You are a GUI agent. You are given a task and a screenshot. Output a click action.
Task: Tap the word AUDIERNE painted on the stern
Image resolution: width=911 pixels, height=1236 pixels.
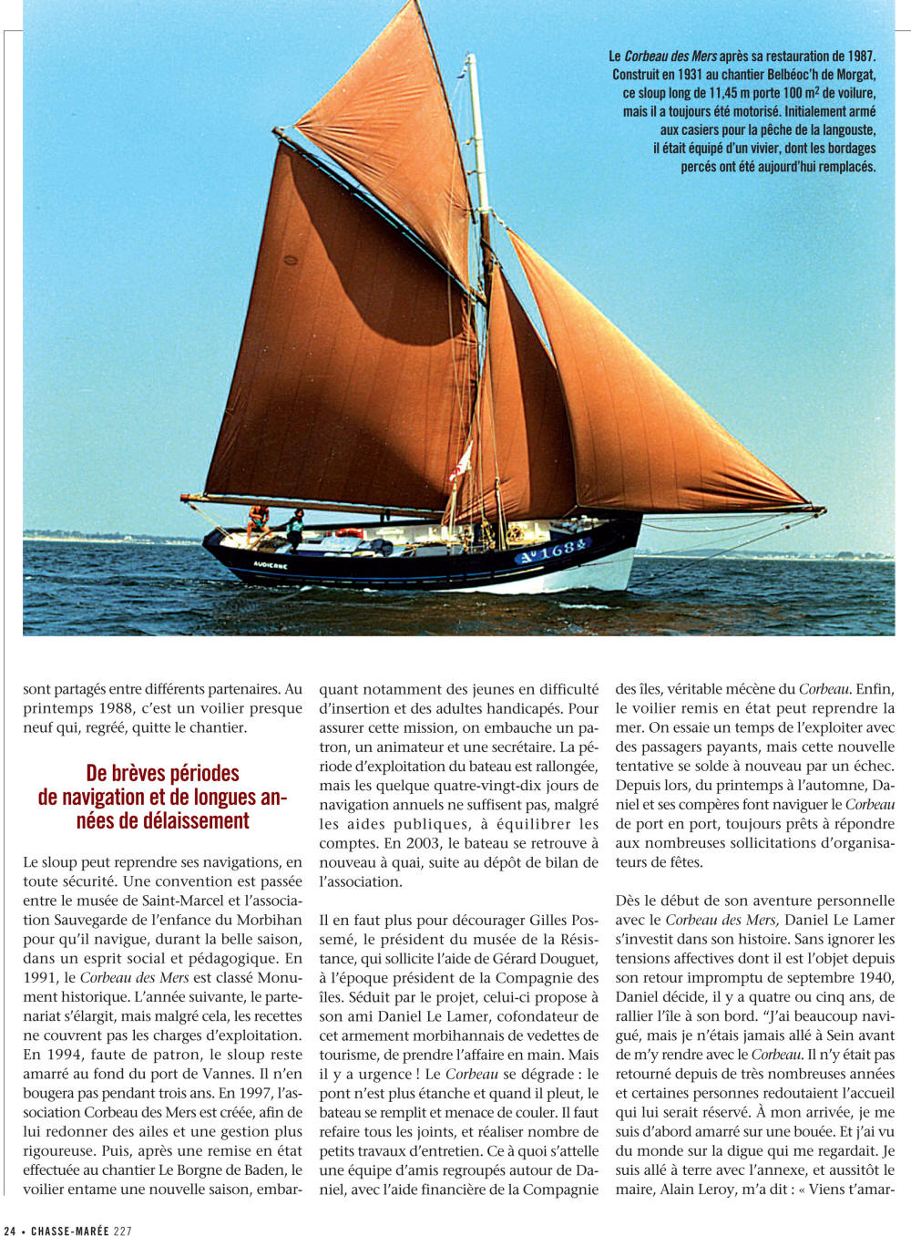(271, 565)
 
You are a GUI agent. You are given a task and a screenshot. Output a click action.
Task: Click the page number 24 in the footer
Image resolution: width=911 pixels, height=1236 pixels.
(10, 1230)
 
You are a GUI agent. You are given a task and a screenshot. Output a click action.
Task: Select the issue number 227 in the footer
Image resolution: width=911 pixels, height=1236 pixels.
(122, 1230)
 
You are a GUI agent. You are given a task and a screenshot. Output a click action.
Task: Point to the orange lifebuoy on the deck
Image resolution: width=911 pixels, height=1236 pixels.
(349, 533)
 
